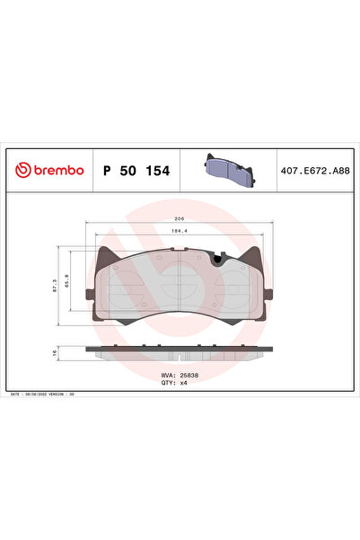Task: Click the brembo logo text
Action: coord(59,169)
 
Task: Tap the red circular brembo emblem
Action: coord(23,169)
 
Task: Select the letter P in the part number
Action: coord(108,169)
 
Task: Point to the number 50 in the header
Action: coord(130,169)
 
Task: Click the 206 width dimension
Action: coord(180,219)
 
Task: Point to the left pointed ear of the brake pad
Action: coord(101,254)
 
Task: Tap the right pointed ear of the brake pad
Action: coord(258,254)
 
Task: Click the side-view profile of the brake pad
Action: coord(180,351)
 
